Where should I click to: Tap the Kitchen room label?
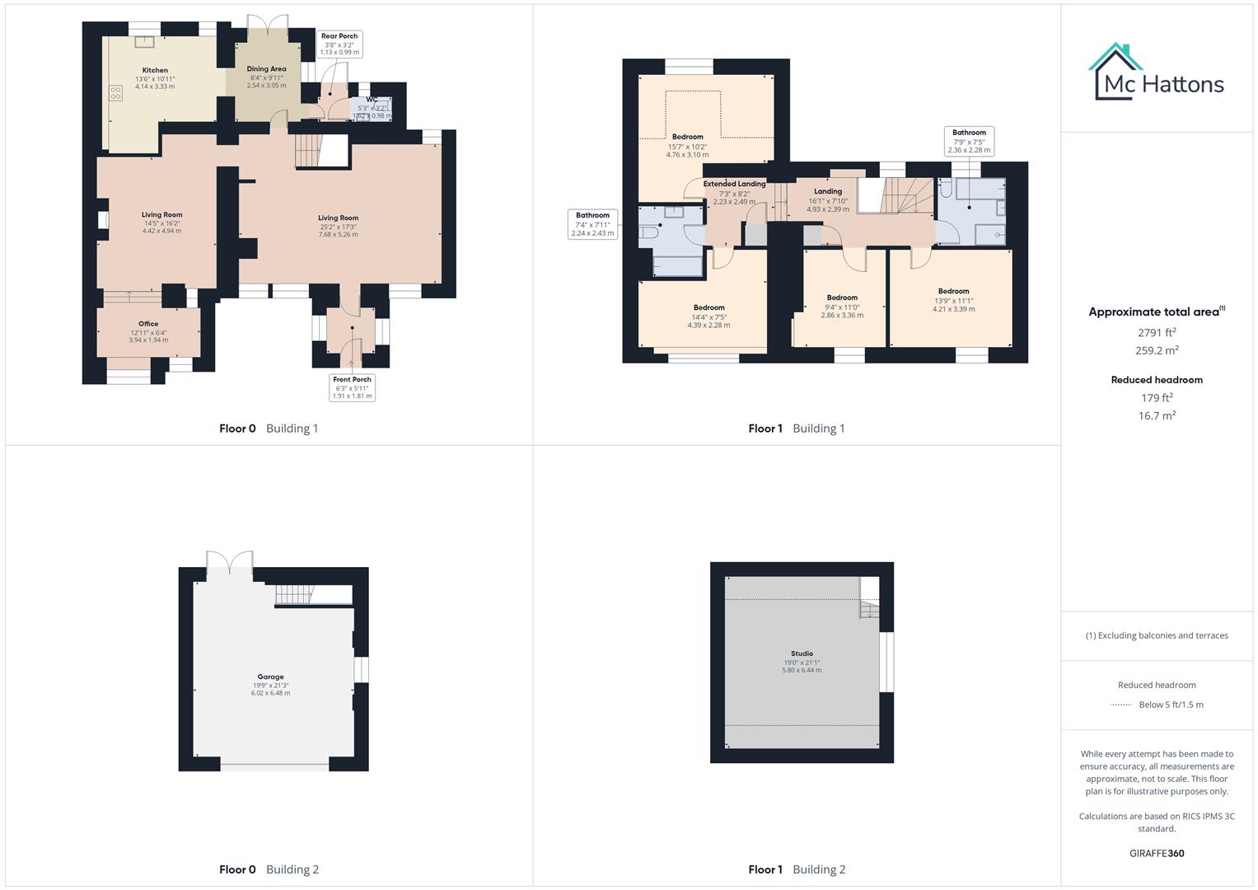[x=155, y=71]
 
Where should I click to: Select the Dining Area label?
[x=266, y=69]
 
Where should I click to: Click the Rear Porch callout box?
[x=339, y=44]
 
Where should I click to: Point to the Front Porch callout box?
[x=353, y=387]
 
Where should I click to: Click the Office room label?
[x=148, y=324]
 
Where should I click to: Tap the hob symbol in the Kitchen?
[x=115, y=94]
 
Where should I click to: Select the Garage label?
[x=270, y=677]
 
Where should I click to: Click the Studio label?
[x=802, y=653]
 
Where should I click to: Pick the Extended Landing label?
[x=734, y=185]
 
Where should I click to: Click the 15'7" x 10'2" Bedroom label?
[x=687, y=137]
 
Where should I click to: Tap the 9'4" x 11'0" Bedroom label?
[x=842, y=297]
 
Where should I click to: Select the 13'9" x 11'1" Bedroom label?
[x=953, y=292]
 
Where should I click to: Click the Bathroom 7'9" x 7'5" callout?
[x=969, y=141]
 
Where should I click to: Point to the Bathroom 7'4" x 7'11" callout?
[x=592, y=224]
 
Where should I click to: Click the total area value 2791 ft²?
[x=1157, y=333]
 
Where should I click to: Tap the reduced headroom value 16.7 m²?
[x=1157, y=416]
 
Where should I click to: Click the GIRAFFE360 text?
[x=1157, y=854]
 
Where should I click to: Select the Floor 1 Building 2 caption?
[x=797, y=869]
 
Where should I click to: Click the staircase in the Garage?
[x=295, y=593]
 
